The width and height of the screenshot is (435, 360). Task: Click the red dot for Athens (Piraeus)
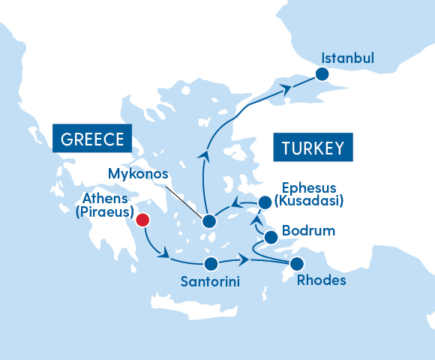click(142, 220)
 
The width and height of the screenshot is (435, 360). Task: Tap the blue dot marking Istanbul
click(322, 73)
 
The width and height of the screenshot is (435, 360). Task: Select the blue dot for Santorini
click(211, 263)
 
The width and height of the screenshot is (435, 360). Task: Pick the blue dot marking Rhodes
click(297, 263)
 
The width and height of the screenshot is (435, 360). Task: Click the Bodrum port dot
click(271, 238)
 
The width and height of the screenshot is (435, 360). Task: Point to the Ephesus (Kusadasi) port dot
click(264, 202)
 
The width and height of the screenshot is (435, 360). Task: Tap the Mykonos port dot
click(209, 221)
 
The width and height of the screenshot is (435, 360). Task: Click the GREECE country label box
click(92, 139)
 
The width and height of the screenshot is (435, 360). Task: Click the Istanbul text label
click(347, 58)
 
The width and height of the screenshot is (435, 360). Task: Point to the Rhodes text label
click(322, 281)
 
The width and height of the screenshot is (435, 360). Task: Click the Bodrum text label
click(308, 230)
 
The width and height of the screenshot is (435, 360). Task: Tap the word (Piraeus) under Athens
click(103, 212)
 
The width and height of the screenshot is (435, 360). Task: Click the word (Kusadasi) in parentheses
click(309, 201)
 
